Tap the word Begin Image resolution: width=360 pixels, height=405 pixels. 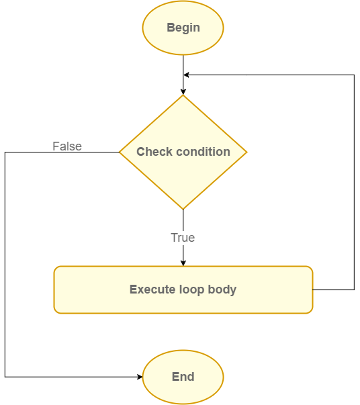tap(183, 28)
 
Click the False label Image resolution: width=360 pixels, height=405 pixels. tap(67, 146)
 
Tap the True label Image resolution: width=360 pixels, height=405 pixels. tap(183, 238)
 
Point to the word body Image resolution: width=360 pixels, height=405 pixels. tap(222, 290)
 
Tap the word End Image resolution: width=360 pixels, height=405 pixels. tap(183, 377)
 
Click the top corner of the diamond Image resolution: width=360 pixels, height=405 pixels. tap(183, 95)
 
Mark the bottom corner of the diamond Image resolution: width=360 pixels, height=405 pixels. tap(183, 209)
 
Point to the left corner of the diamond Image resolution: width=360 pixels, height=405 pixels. tap(120, 152)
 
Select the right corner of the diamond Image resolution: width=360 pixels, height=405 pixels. tap(246, 152)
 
